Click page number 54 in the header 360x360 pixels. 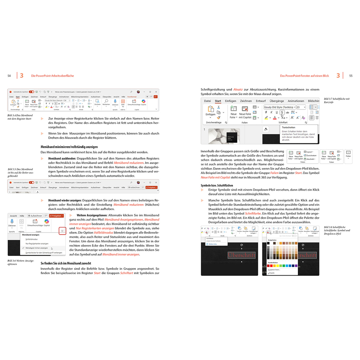9,76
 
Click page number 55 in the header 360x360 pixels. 351,76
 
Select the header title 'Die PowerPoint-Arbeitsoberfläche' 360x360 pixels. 52,76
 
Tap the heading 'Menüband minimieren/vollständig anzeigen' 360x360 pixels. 69,147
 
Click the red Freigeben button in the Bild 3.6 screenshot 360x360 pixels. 56,216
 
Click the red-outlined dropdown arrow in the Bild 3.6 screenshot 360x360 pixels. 62,231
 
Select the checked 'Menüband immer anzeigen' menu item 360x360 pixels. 37,248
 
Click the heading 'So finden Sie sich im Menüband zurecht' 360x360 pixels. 66,263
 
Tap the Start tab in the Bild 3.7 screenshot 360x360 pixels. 218,101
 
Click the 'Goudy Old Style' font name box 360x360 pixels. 279,107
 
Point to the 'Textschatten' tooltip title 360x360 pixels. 289,127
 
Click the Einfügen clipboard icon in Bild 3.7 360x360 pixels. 210,110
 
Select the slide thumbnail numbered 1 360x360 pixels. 224,136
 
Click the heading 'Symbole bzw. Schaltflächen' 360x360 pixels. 217,185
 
